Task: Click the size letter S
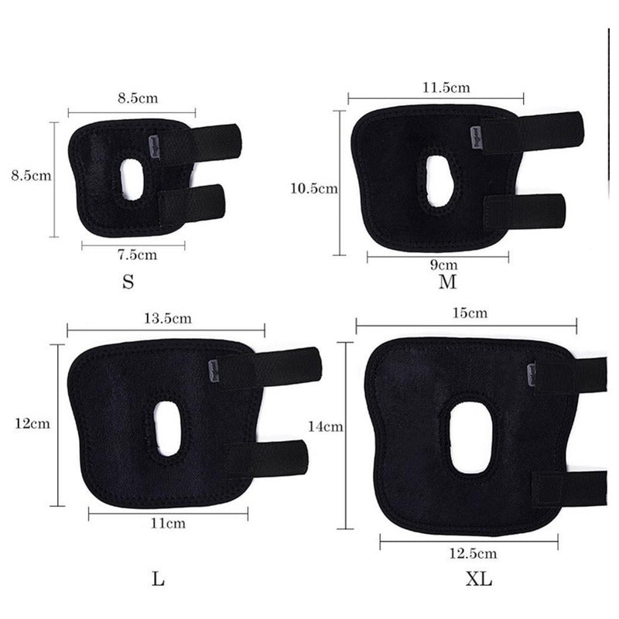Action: pos(128,282)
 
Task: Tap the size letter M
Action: pos(448,282)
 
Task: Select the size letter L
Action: pos(158,579)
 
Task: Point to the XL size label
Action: pos(479,579)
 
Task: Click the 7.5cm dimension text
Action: pos(138,255)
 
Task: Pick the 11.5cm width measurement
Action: pos(446,87)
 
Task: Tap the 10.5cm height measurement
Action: pos(314,188)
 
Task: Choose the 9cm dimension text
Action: pos(443,265)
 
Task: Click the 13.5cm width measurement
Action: pos(168,318)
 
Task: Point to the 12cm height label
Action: pos(32,423)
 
